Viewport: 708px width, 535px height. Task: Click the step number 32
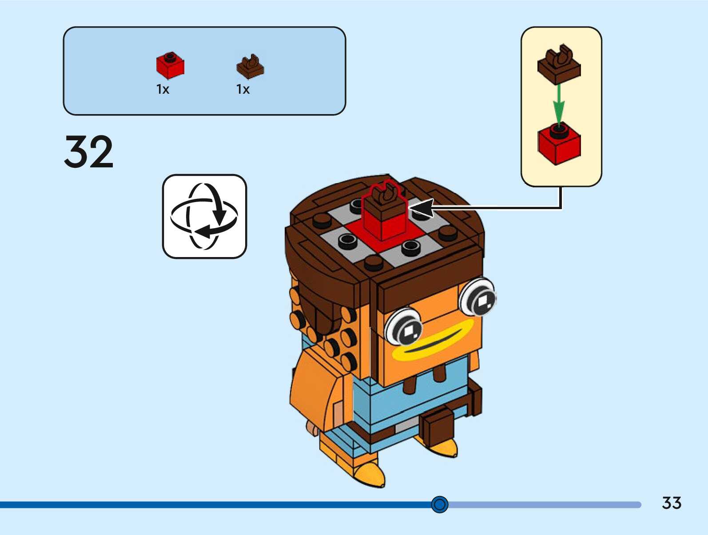click(x=89, y=152)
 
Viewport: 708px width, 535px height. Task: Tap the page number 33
click(x=671, y=503)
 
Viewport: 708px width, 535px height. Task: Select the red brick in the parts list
click(x=170, y=66)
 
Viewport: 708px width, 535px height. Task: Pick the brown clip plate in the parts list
click(x=250, y=67)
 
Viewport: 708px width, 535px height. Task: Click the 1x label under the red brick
click(x=163, y=89)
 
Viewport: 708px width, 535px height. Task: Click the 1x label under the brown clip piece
click(x=243, y=89)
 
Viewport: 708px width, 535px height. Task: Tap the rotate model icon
click(x=204, y=216)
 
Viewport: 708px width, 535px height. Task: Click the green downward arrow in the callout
click(x=559, y=103)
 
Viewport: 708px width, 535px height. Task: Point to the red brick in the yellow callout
click(x=559, y=144)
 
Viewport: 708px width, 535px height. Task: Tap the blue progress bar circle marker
click(x=440, y=504)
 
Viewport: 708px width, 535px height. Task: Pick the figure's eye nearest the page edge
click(x=478, y=296)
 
